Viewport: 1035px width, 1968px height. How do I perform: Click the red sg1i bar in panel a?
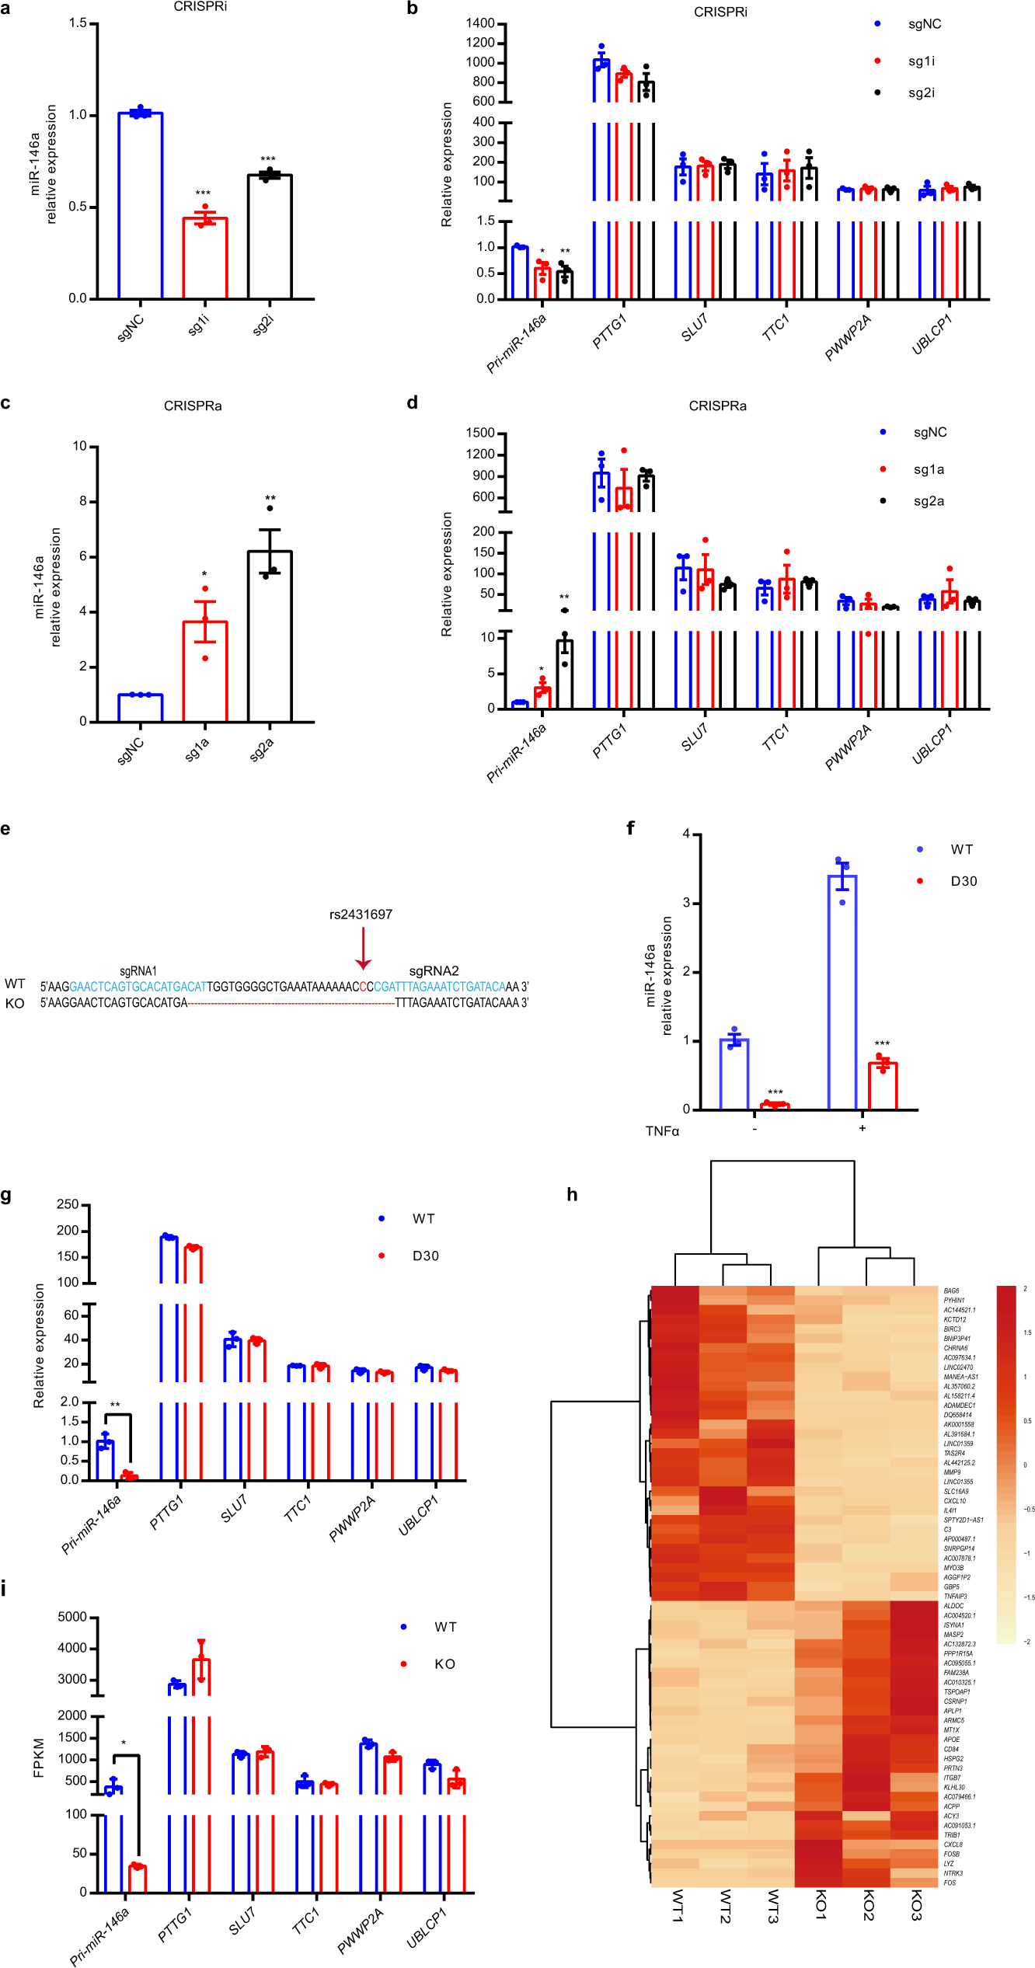click(x=205, y=258)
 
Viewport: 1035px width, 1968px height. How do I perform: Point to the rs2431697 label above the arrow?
click(x=361, y=914)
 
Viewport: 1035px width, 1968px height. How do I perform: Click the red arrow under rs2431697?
click(x=363, y=948)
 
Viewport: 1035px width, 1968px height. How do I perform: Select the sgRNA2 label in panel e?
click(x=434, y=970)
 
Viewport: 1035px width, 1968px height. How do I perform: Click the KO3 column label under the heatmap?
click(x=915, y=1905)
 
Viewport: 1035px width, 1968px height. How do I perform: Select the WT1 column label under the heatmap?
click(x=677, y=1906)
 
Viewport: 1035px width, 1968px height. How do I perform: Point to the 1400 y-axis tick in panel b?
click(x=480, y=23)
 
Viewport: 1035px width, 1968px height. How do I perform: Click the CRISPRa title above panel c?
click(x=193, y=406)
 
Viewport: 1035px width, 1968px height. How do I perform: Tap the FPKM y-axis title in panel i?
click(x=39, y=1757)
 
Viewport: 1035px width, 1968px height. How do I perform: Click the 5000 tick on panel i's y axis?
click(x=72, y=1617)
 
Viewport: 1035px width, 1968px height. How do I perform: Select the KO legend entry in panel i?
click(x=444, y=1663)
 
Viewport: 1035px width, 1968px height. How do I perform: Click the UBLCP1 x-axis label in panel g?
click(x=418, y=1516)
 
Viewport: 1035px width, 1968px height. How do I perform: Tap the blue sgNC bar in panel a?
click(x=141, y=206)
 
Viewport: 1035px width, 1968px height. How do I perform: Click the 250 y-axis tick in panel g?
click(x=68, y=1204)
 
